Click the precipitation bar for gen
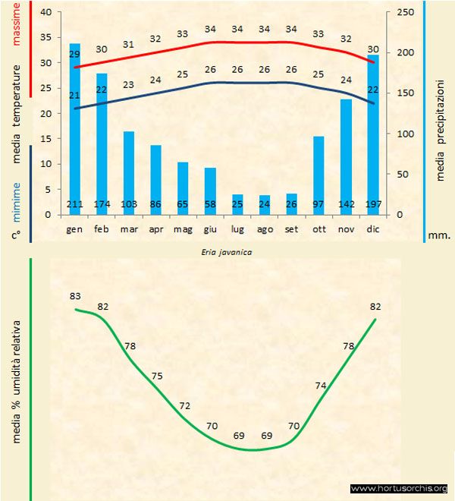pos(74,129)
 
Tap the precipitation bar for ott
pos(318,175)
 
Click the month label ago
pos(264,228)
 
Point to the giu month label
pos(210,228)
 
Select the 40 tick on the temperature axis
pos(45,12)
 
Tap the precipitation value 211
pos(74,205)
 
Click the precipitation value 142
pos(346,205)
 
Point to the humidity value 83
pos(75,296)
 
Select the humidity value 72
pos(184,406)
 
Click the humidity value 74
pos(321,386)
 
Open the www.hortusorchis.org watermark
pos(400,489)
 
